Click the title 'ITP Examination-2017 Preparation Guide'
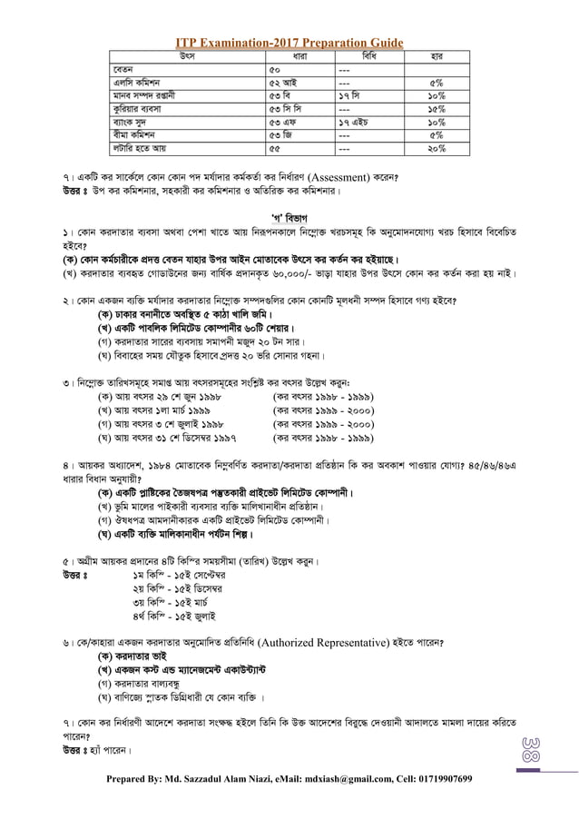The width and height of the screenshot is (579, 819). click(289, 43)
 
